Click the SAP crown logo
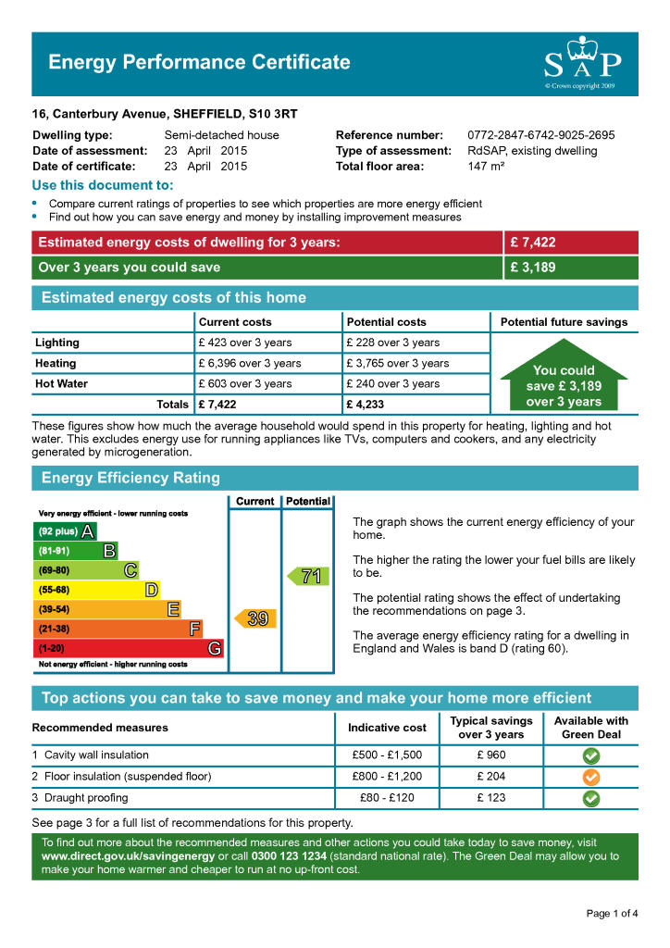click(x=581, y=62)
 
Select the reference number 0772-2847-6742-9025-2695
click(x=540, y=135)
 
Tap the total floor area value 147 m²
click(x=486, y=167)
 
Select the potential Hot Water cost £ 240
click(x=393, y=383)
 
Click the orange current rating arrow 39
click(x=254, y=618)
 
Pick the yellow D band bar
click(x=96, y=590)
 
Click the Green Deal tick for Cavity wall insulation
click(x=590, y=755)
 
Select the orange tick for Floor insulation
click(x=590, y=777)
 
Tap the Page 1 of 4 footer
click(x=612, y=914)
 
